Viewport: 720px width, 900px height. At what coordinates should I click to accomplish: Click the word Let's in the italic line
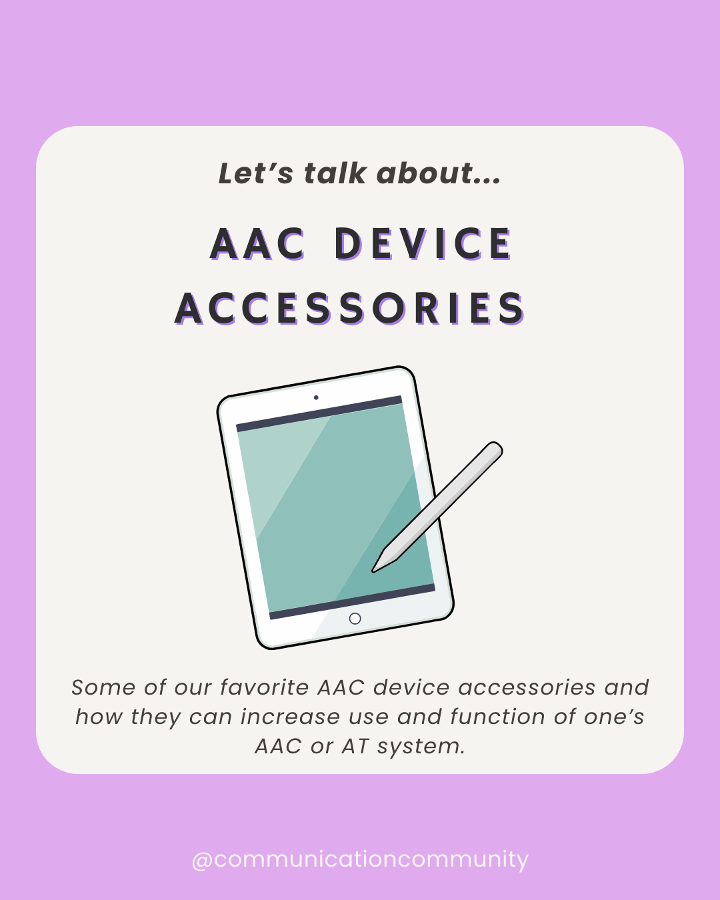pyautogui.click(x=255, y=174)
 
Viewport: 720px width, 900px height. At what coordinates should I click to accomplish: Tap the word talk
pyautogui.click(x=335, y=173)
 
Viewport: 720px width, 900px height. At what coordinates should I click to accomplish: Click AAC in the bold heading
pyautogui.click(x=258, y=244)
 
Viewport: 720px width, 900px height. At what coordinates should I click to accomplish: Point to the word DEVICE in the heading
pyautogui.click(x=423, y=244)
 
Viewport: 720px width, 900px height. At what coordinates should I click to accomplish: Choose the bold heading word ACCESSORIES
pyautogui.click(x=350, y=309)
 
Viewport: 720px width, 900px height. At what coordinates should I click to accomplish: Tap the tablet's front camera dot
pyautogui.click(x=316, y=398)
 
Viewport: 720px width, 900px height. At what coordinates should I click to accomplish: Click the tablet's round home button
pyautogui.click(x=355, y=619)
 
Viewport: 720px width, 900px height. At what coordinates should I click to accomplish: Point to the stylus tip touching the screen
pyautogui.click(x=375, y=569)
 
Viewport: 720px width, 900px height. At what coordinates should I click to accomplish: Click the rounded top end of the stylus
pyautogui.click(x=494, y=449)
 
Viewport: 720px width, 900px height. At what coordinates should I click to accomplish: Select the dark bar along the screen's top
pyautogui.click(x=319, y=414)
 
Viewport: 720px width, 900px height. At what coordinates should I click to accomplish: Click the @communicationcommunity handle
pyautogui.click(x=360, y=859)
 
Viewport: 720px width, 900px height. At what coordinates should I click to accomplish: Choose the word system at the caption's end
pyautogui.click(x=421, y=746)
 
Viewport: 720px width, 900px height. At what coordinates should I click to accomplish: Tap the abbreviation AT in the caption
pyautogui.click(x=355, y=746)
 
